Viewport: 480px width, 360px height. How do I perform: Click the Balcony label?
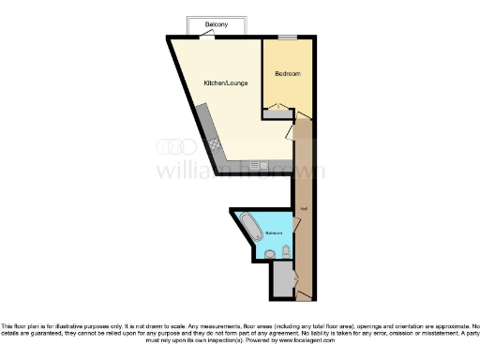pos(216,23)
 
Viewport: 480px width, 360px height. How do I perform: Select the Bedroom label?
pos(287,74)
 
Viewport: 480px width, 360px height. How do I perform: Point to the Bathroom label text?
pos(274,232)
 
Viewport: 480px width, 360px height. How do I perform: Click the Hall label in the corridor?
pos(303,207)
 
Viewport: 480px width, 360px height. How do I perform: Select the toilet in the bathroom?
pos(269,253)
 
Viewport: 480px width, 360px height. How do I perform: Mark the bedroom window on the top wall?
pos(288,37)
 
